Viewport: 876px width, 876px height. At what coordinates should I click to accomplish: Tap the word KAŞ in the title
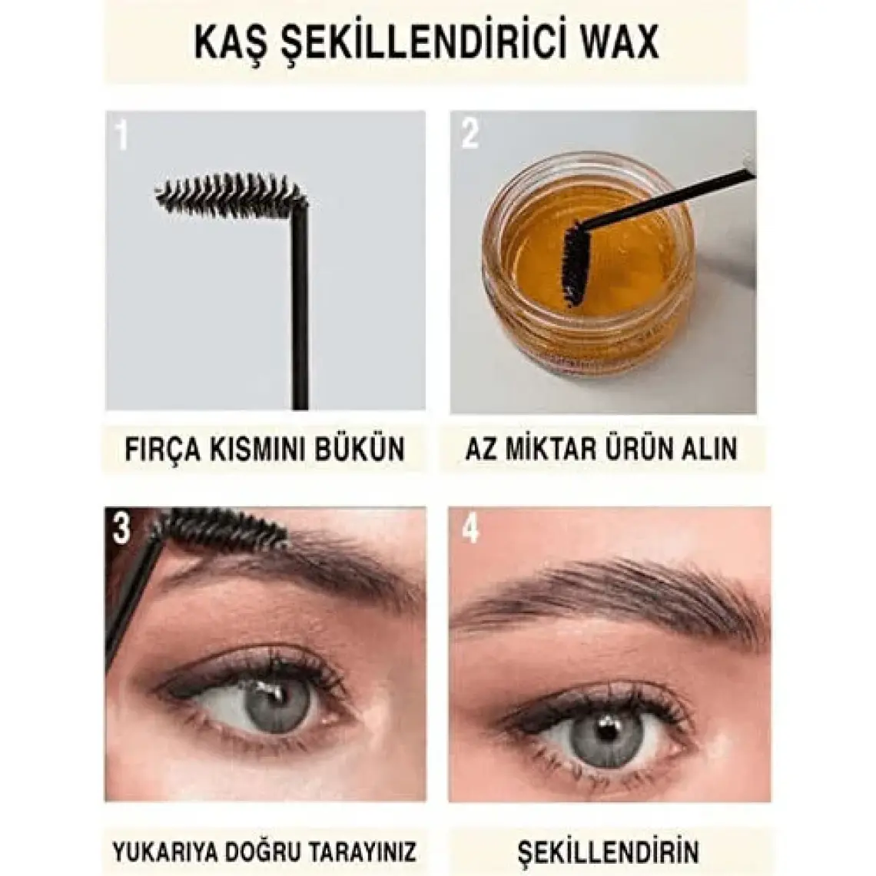click(x=225, y=44)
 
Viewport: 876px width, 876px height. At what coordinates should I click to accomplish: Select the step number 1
click(x=121, y=134)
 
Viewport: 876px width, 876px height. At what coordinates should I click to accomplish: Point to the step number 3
click(x=121, y=528)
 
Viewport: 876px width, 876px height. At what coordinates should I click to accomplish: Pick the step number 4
click(x=470, y=528)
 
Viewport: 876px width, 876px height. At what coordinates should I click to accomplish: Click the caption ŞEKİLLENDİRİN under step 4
click(x=608, y=851)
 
